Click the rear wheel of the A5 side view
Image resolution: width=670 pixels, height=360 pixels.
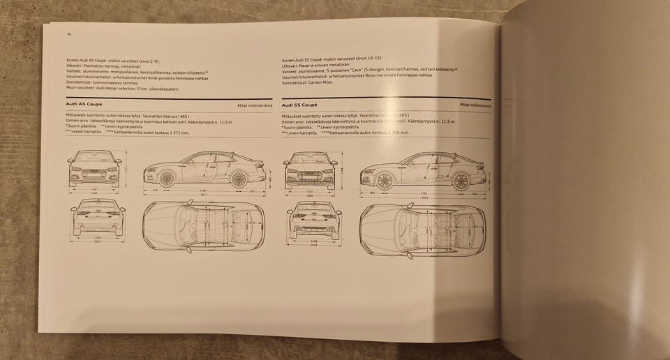[x=239, y=179]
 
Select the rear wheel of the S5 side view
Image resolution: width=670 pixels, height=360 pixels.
[x=461, y=181]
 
